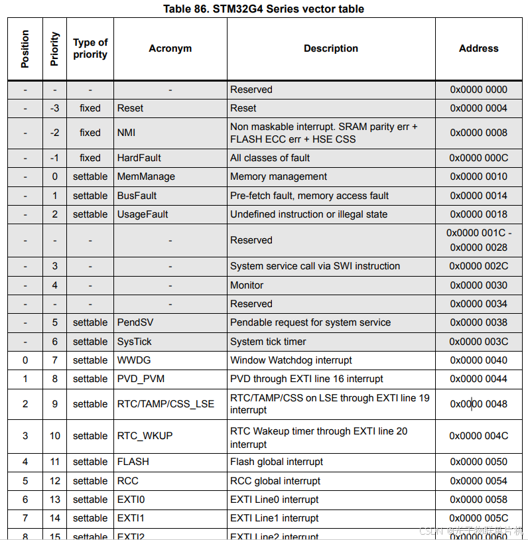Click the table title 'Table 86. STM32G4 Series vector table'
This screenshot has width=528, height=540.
pyautogui.click(x=263, y=9)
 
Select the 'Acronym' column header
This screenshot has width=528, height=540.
pyautogui.click(x=170, y=48)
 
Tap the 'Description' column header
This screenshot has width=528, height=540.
pyautogui.click(x=330, y=48)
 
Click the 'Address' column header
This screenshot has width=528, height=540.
pyautogui.click(x=478, y=48)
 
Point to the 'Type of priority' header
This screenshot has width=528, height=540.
pyautogui.click(x=90, y=48)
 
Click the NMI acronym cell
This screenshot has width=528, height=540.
pyautogui.click(x=127, y=133)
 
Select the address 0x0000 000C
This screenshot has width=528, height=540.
pyautogui.click(x=478, y=158)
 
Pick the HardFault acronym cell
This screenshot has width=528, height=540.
pyautogui.click(x=139, y=158)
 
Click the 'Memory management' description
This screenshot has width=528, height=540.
pyautogui.click(x=279, y=176)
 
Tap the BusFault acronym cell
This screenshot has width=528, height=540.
pyautogui.click(x=137, y=196)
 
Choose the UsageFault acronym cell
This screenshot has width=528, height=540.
pyautogui.click(x=143, y=214)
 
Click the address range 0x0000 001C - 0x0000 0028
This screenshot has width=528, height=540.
pyautogui.click(x=478, y=240)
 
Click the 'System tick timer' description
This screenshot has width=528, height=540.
pyautogui.click(x=268, y=342)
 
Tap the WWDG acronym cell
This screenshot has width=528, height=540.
pyautogui.click(x=135, y=360)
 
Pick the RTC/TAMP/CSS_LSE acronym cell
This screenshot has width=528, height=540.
pyautogui.click(x=166, y=404)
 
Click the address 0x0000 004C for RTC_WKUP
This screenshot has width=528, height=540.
pyautogui.click(x=478, y=436)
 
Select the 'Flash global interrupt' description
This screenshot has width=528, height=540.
pyautogui.click(x=277, y=462)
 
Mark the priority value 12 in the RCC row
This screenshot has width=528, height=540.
pyautogui.click(x=55, y=481)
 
